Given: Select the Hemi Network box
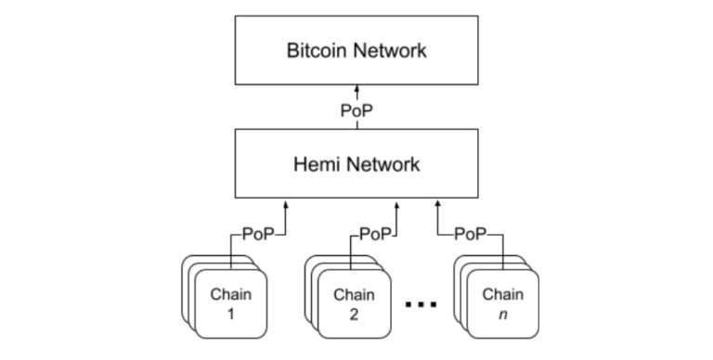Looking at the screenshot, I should tap(356, 164).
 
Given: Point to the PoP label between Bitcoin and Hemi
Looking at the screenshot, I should tap(356, 109).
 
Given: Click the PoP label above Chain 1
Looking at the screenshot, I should tap(258, 234).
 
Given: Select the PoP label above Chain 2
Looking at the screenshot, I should tap(375, 234).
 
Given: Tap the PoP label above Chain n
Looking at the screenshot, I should tap(471, 234).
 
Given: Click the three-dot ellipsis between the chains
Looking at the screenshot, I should tap(420, 303).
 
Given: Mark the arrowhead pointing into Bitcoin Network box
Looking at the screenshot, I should tap(356, 94).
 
